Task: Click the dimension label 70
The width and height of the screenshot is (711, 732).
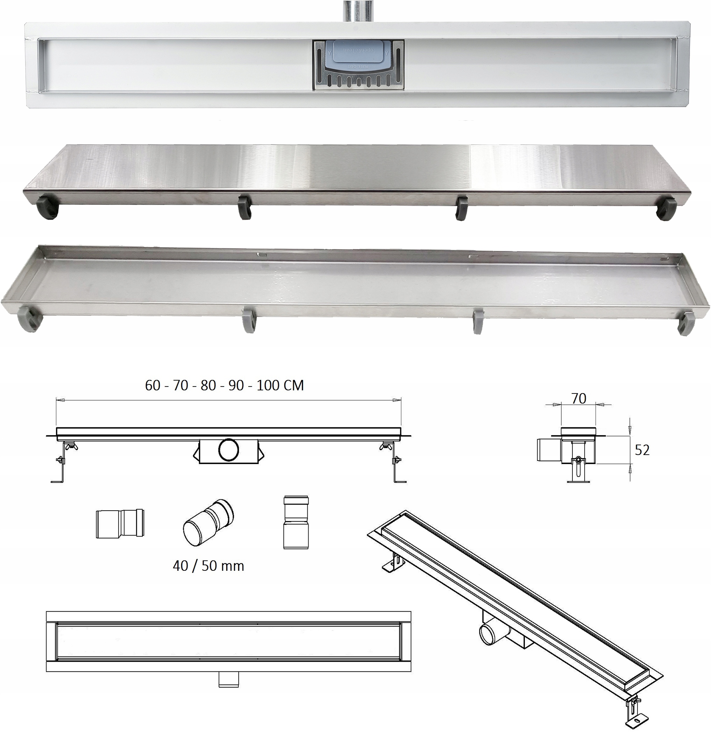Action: [x=578, y=398]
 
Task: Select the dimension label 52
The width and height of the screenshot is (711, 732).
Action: [x=642, y=450]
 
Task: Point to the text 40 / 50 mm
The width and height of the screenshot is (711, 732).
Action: [x=208, y=566]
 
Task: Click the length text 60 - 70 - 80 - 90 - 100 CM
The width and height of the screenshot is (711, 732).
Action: [x=224, y=385]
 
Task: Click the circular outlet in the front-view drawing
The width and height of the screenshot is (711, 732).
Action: [x=228, y=451]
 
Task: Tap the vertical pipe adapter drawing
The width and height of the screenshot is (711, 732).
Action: [x=296, y=522]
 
